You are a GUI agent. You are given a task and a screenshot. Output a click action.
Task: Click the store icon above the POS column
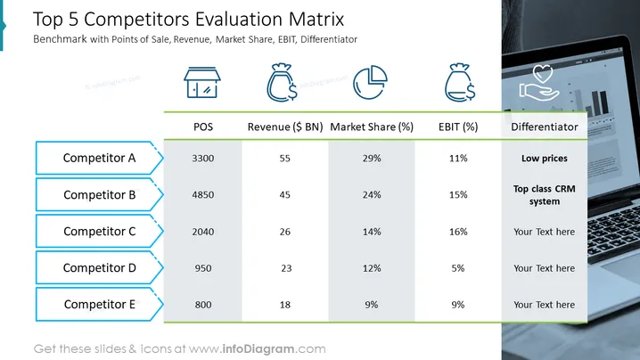click(x=202, y=83)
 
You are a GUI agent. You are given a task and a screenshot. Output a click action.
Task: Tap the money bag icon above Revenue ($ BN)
click(x=282, y=82)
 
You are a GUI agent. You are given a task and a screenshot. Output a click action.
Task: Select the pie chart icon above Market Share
click(x=370, y=82)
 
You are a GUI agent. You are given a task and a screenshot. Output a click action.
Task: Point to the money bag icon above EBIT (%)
click(x=460, y=82)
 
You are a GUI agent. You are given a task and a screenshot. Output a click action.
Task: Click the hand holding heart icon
click(x=539, y=83)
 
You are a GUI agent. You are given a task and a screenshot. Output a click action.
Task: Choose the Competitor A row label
click(x=99, y=158)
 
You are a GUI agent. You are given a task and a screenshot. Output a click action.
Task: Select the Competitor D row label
click(x=99, y=267)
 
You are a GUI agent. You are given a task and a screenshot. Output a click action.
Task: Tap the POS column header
click(x=203, y=127)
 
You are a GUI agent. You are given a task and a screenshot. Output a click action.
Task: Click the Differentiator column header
click(x=544, y=127)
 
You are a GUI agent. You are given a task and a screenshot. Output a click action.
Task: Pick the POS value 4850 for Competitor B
click(x=203, y=194)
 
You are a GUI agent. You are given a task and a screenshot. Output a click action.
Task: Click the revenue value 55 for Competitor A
click(x=285, y=159)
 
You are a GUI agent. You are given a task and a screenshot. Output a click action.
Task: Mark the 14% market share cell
click(x=372, y=232)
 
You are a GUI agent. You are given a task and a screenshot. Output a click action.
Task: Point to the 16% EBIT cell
click(x=458, y=232)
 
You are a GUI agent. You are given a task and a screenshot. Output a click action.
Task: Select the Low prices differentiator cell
click(x=544, y=159)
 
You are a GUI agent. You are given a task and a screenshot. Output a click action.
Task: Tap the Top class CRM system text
click(x=544, y=195)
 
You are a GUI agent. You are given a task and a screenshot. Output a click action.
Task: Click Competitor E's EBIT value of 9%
click(x=458, y=305)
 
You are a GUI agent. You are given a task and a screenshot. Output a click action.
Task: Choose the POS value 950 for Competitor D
click(x=203, y=268)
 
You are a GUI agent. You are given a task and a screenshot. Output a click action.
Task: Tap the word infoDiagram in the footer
click(x=258, y=349)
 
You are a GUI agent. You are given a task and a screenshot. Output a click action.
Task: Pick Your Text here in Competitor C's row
click(x=544, y=232)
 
